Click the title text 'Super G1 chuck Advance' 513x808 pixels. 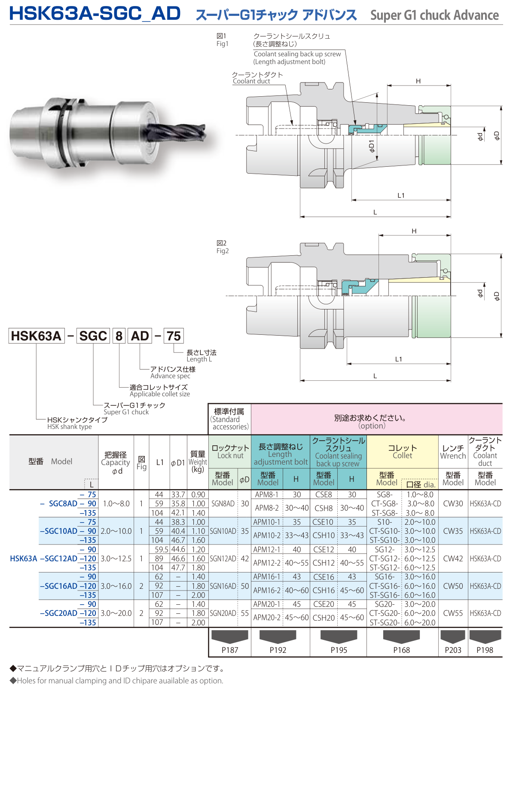pyautogui.click(x=434, y=15)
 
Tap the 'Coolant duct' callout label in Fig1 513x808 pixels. pyautogui.click(x=251, y=81)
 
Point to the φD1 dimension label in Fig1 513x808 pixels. pyautogui.click(x=372, y=146)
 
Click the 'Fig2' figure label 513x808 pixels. pyautogui.click(x=222, y=251)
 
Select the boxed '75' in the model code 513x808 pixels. pyautogui.click(x=174, y=336)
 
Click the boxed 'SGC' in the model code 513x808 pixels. pyautogui.click(x=93, y=336)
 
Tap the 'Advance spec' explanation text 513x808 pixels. pyautogui.click(x=170, y=376)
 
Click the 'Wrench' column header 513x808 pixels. pyautogui.click(x=453, y=456)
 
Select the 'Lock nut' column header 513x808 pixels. pyautogui.click(x=230, y=456)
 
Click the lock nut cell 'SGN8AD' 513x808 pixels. pyautogui.click(x=223, y=504)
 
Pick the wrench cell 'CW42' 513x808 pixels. pyautogui.click(x=453, y=558)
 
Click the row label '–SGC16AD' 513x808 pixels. pyautogui.click(x=58, y=586)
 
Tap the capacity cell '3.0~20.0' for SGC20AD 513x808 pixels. pyautogui.click(x=116, y=613)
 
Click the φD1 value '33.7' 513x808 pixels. pyautogui.click(x=178, y=495)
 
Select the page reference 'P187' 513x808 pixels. pyautogui.click(x=230, y=650)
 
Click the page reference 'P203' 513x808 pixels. pyautogui.click(x=453, y=650)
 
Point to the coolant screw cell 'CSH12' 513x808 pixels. pyautogui.click(x=324, y=563)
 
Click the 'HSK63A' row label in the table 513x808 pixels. pyautogui.click(x=24, y=558)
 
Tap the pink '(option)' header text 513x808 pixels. pyautogui.click(x=372, y=426)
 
